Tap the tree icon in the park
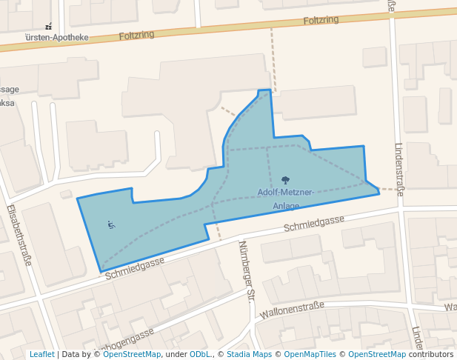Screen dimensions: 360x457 coord(286,180)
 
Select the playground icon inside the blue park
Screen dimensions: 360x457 coord(111,224)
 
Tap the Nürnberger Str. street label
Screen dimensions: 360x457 coord(247,271)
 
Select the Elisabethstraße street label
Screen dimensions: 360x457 coord(19,236)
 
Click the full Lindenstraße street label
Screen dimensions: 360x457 coord(399,169)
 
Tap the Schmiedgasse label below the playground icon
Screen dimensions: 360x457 coord(135,265)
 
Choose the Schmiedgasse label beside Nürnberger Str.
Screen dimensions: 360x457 coord(314,221)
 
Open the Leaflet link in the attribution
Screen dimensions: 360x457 coord(41,355)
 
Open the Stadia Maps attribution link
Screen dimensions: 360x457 coord(249,355)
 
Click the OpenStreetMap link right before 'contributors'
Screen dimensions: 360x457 coord(377,355)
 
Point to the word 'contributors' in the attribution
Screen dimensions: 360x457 coord(431,355)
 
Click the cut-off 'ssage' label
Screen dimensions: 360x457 coord(10,90)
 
